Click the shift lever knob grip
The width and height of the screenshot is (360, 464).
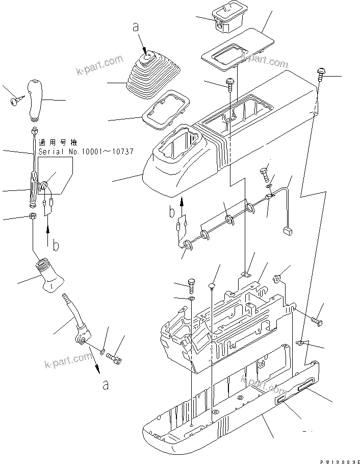[38, 98]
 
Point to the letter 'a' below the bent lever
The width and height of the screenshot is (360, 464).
[106, 384]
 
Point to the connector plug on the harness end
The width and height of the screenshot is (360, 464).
[287, 231]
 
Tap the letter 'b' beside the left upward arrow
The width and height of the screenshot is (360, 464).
[56, 245]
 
